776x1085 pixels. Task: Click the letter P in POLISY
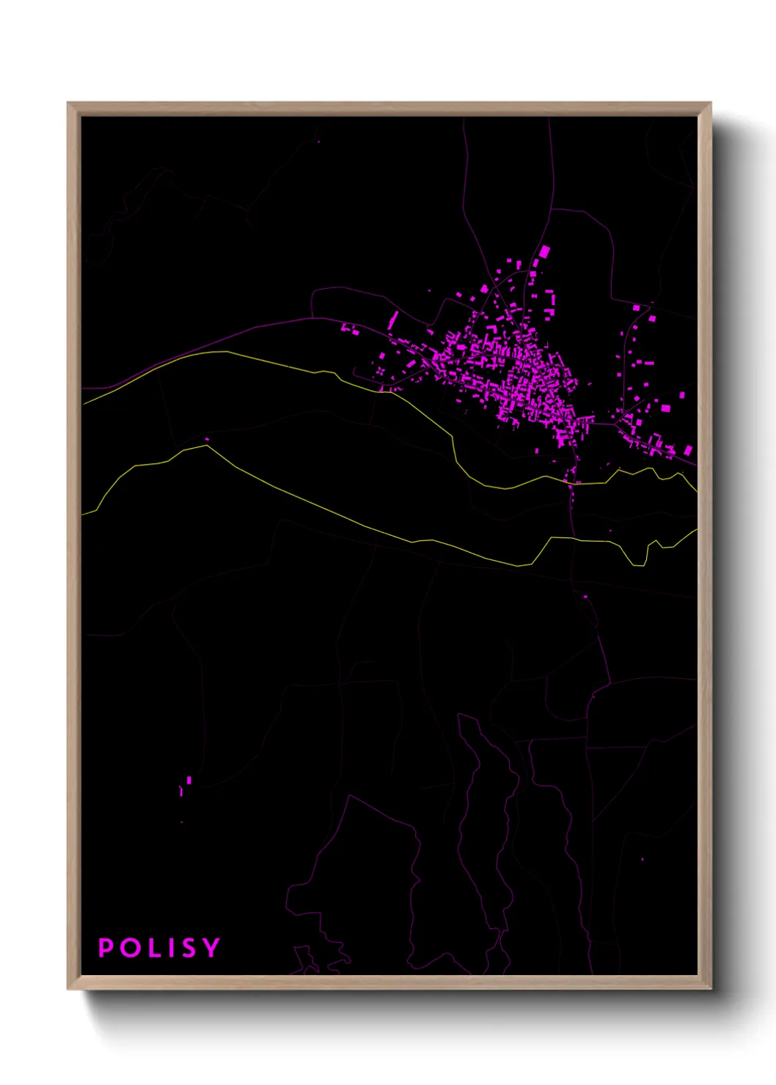[x=106, y=948]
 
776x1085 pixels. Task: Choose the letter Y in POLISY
[x=211, y=948]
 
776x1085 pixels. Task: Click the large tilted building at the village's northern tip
[x=544, y=251]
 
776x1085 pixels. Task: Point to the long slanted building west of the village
[x=392, y=320]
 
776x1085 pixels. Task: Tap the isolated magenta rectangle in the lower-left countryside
[x=189, y=780]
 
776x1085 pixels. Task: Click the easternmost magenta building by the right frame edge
[x=689, y=450]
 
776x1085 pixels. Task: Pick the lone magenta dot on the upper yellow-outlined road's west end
[x=207, y=440]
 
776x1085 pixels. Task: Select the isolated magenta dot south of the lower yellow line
[x=585, y=597]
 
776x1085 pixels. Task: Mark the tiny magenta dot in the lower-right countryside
[x=643, y=859]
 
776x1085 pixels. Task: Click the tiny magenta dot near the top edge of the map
[x=318, y=141]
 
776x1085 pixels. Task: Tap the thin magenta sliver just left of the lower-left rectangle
[x=180, y=791]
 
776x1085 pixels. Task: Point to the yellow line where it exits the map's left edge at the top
[x=84, y=403]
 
